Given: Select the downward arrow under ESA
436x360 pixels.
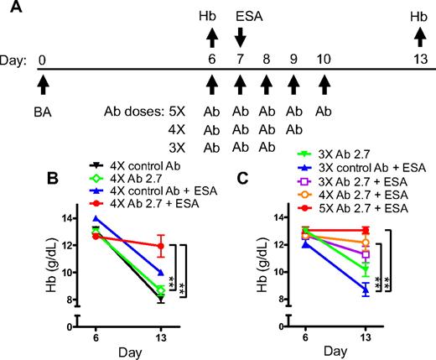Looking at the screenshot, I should [241, 38].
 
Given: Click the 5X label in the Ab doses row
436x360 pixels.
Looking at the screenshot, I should [168, 109].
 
